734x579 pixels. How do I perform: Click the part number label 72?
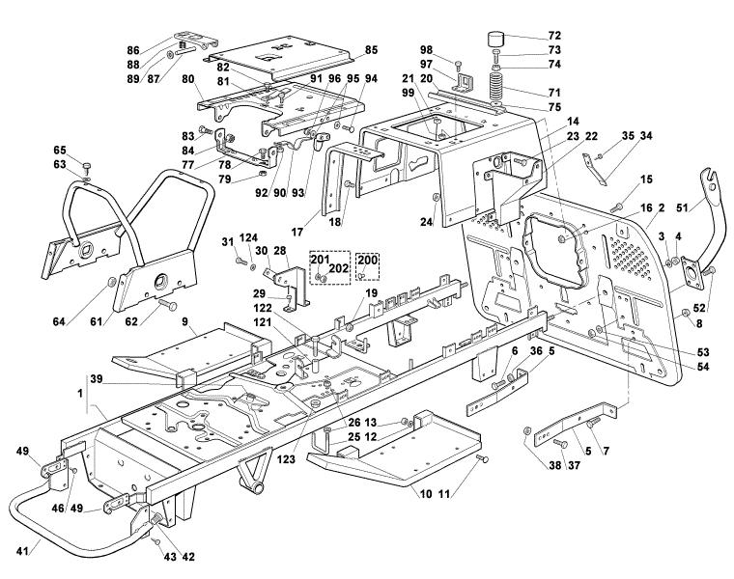[554, 36]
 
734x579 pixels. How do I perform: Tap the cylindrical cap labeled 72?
[496, 39]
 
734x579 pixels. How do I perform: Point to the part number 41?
[22, 551]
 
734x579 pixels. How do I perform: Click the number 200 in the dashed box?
[367, 260]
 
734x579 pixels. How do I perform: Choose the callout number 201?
[321, 260]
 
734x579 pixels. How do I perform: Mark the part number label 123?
[286, 459]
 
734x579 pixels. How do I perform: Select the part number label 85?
[371, 49]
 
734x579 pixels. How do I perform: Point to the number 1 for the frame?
[80, 394]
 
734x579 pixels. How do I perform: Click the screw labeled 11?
[482, 458]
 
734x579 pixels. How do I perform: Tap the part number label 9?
[184, 321]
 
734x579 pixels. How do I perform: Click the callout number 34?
[646, 136]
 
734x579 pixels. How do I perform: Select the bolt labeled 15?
[617, 206]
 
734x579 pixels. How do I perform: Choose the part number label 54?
[703, 367]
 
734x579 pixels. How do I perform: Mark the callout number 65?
[60, 151]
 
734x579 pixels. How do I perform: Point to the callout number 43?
[170, 557]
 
